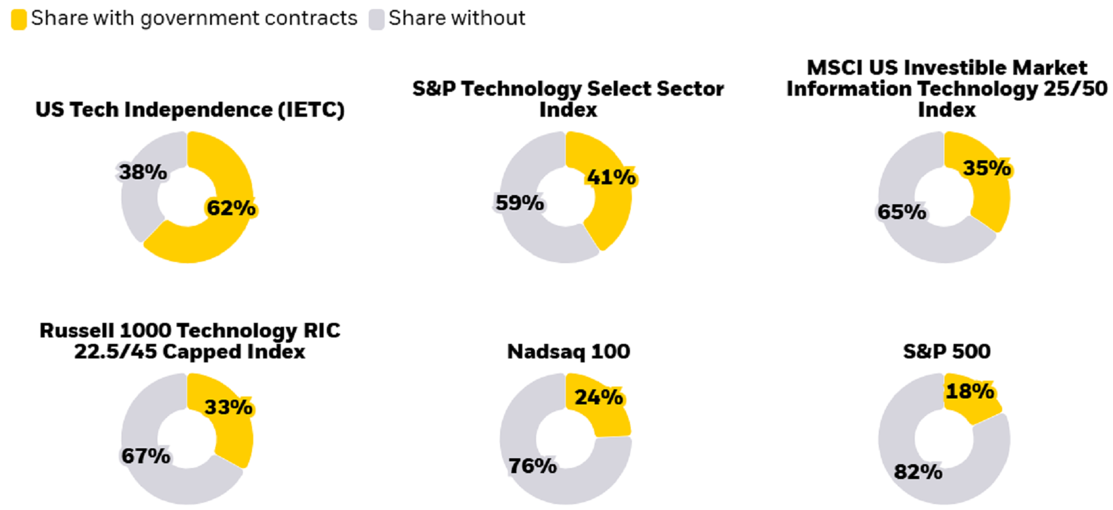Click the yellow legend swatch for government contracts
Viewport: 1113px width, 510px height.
point(19,19)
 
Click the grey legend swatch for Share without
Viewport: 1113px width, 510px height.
point(376,19)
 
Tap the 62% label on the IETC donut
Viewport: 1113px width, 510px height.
point(231,208)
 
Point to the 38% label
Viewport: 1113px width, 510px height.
point(142,172)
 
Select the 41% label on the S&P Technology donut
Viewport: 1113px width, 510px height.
point(611,177)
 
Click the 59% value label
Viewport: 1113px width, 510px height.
point(519,203)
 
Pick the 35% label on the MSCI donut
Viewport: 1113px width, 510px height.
point(986,169)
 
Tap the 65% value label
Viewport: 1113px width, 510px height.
point(902,212)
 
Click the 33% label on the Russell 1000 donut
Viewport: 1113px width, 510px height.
point(228,408)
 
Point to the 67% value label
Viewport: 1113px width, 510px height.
point(146,456)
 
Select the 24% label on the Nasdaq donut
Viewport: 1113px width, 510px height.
point(598,397)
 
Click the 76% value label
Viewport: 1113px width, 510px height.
point(532,466)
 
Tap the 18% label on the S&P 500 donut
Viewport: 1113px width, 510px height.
point(969,392)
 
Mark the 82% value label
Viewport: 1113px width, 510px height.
point(917,471)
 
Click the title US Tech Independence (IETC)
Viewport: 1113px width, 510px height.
point(190,110)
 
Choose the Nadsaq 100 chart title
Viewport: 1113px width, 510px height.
point(568,352)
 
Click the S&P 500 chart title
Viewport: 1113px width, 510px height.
point(946,352)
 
